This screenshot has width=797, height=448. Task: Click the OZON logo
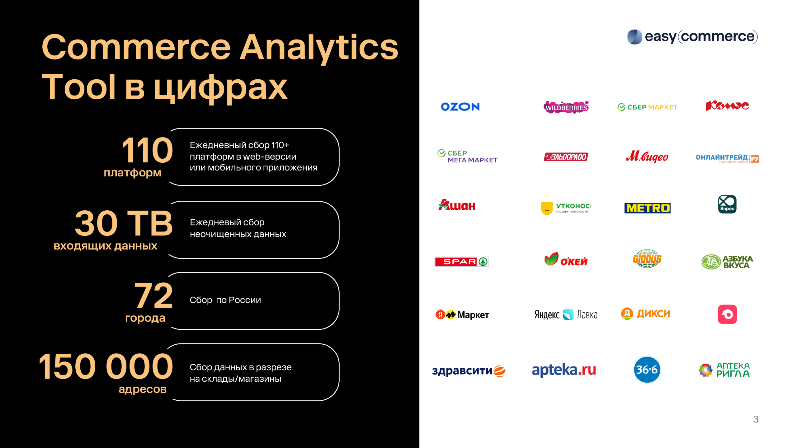coord(460,107)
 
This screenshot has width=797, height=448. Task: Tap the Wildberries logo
coord(566,107)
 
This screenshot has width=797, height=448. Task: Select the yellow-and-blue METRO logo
coord(647,208)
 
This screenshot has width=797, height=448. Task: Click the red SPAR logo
coord(461,262)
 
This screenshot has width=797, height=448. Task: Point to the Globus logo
coord(647,259)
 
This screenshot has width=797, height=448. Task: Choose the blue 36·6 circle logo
coord(647,370)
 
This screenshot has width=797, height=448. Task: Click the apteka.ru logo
coord(564,370)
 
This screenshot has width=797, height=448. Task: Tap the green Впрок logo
coord(727,204)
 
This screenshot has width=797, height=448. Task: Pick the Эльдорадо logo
coord(566,157)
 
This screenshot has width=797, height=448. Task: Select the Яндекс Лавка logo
coord(566,315)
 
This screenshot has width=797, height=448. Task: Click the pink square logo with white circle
coord(727,314)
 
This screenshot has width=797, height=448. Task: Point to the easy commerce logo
coord(692,37)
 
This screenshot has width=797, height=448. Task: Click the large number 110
coord(147,150)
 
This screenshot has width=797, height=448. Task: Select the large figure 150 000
coord(106,366)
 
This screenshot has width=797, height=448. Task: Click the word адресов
coord(143,390)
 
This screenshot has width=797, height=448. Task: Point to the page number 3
coord(756,419)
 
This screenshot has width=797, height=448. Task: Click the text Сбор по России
coord(225,300)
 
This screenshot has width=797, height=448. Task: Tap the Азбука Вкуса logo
coord(727,262)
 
